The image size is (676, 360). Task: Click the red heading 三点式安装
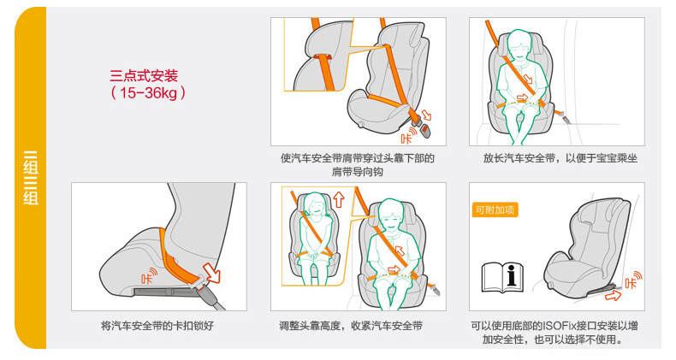tap(144, 76)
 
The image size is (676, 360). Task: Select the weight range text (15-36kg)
tap(148, 92)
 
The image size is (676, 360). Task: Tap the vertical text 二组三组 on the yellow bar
tap(31, 178)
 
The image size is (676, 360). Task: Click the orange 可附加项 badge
tap(495, 210)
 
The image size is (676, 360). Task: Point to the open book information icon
tap(502, 277)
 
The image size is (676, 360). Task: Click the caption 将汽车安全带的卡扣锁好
tap(157, 326)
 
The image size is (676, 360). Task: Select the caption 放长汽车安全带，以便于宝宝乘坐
tap(560, 158)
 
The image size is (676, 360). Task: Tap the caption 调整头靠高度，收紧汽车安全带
tap(351, 326)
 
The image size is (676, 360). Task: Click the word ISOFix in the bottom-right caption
tap(560, 326)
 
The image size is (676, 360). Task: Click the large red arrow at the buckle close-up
tap(211, 273)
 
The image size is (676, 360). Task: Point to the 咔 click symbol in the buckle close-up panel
tap(149, 275)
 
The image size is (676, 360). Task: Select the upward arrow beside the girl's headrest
tap(339, 199)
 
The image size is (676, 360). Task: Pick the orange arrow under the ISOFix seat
tap(613, 295)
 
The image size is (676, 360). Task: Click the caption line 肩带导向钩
tap(358, 172)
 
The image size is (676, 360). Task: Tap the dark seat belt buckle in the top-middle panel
tap(425, 130)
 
